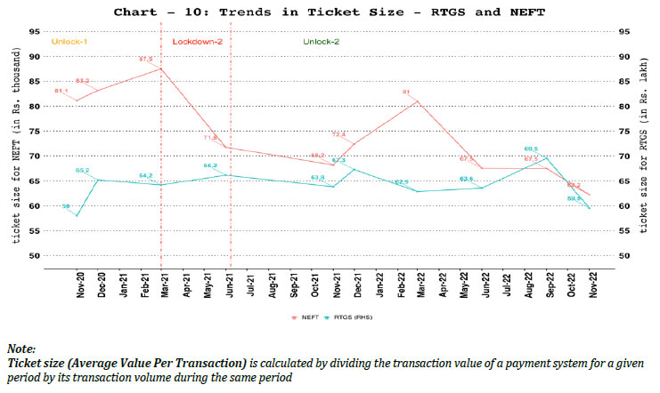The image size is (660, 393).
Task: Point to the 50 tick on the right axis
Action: (x=624, y=256)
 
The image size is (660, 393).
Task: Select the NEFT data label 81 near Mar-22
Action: (x=405, y=92)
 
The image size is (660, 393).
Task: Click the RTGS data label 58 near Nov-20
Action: (x=66, y=206)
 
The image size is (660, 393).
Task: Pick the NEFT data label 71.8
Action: (x=211, y=137)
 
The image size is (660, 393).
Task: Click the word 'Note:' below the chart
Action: (x=22, y=349)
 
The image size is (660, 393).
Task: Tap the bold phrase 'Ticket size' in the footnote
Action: (x=35, y=365)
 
